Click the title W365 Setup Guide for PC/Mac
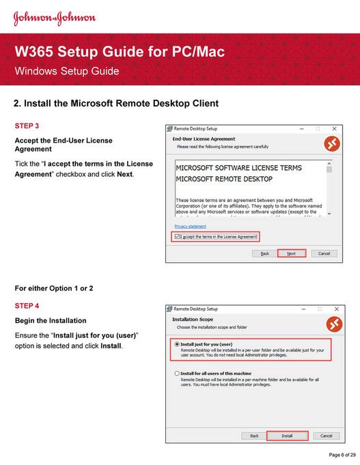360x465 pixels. coord(120,52)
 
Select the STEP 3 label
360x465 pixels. coord(27,126)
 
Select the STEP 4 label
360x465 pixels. coord(27,306)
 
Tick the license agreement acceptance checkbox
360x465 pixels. coord(178,236)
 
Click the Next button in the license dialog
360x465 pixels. coord(291,253)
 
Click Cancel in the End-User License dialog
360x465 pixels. coord(324,253)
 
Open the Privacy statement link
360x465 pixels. coord(190,226)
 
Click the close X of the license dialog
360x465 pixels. coord(333,128)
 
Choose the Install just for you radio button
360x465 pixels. coord(178,344)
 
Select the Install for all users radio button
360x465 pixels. coord(178,374)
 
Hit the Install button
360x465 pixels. coord(287,435)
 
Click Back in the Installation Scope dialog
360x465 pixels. coord(254,435)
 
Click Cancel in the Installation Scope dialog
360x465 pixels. coord(325,435)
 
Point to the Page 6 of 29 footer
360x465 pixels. coord(342,454)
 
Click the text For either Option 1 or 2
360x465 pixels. coord(53,288)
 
